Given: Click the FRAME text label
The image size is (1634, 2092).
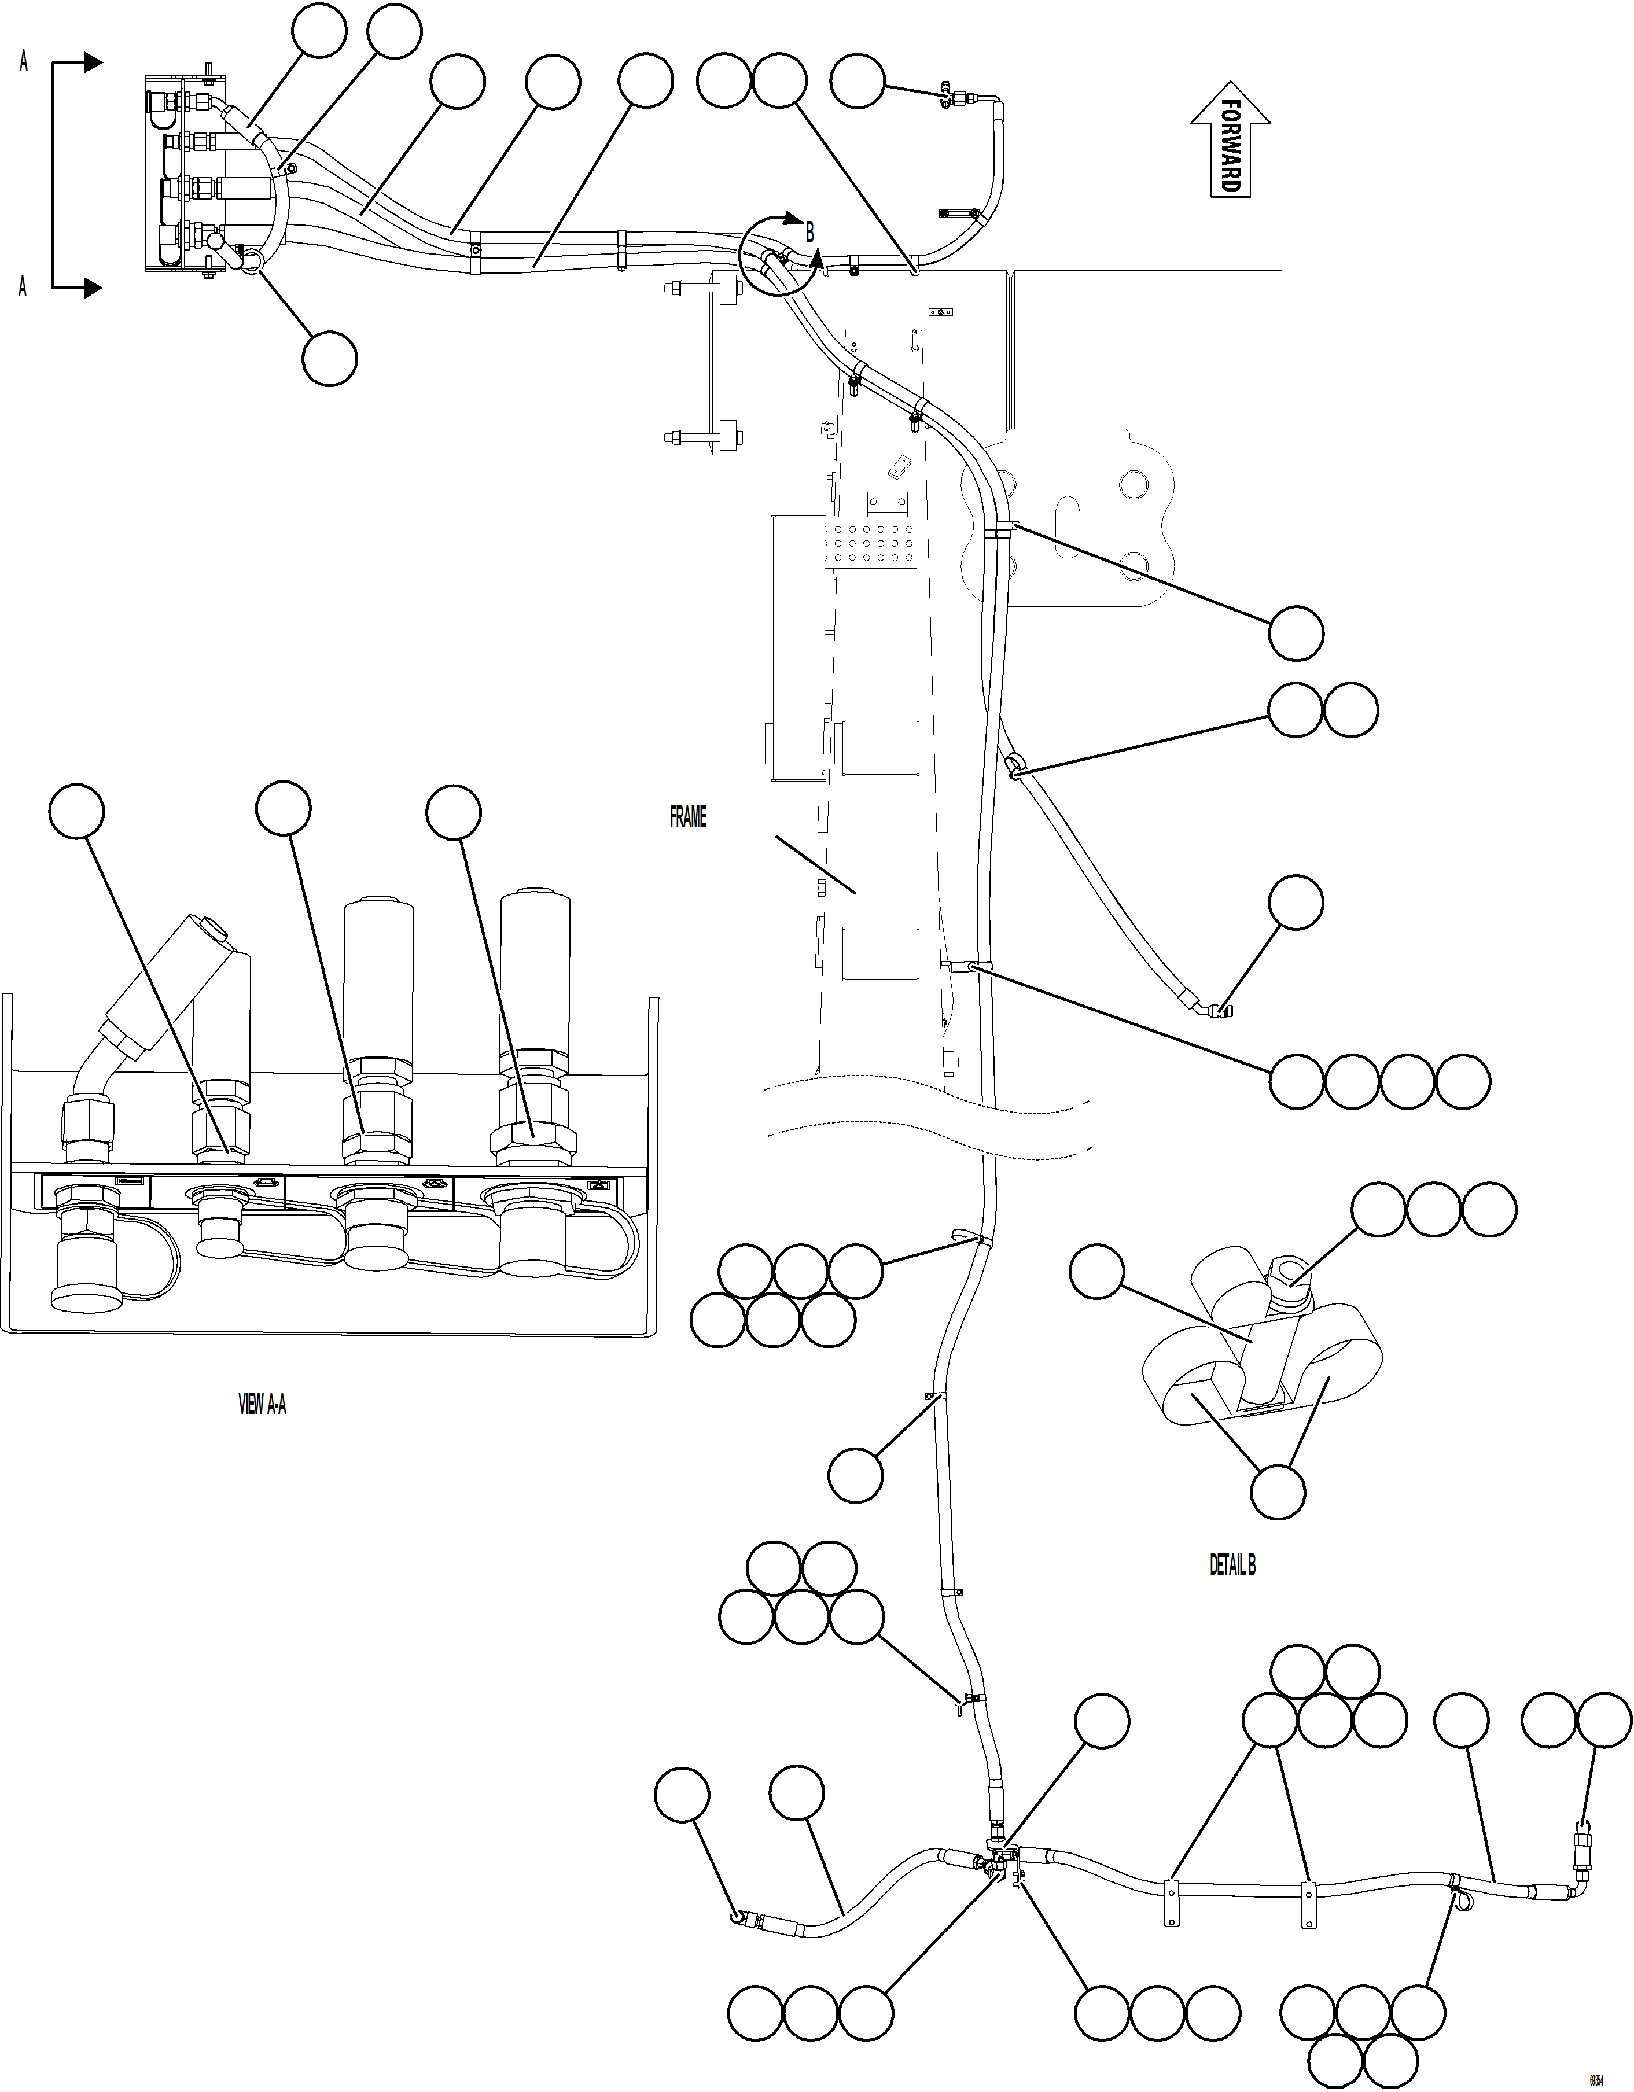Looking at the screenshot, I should pos(688,817).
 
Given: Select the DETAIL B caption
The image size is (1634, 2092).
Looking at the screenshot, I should pos(1232,1565).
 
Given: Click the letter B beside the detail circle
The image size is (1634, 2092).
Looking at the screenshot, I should pos(809,233).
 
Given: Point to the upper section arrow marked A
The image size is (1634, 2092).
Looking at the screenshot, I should pos(76,63).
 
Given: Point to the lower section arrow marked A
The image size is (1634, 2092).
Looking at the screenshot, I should pos(76,286).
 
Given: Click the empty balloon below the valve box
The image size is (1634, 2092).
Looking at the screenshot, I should pos(329,359).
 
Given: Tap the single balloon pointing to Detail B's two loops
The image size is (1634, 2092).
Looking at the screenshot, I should pos(1278,1491).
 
